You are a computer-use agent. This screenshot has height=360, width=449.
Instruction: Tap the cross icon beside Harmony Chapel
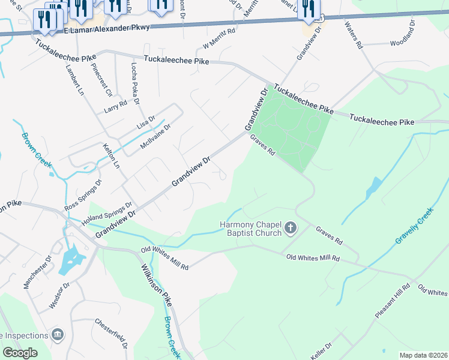point(291,227)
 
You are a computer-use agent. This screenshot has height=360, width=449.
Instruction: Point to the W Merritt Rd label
point(219,40)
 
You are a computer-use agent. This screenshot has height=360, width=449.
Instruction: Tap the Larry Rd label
point(115,106)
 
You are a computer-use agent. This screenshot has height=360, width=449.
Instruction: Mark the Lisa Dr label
point(146,121)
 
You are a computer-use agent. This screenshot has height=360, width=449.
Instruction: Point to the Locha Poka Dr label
point(135,82)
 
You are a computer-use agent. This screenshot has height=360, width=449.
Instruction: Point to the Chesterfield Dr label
point(111,333)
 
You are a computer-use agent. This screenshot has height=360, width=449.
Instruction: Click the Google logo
point(20,352)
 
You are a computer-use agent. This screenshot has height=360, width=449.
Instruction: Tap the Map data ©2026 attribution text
point(423,355)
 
